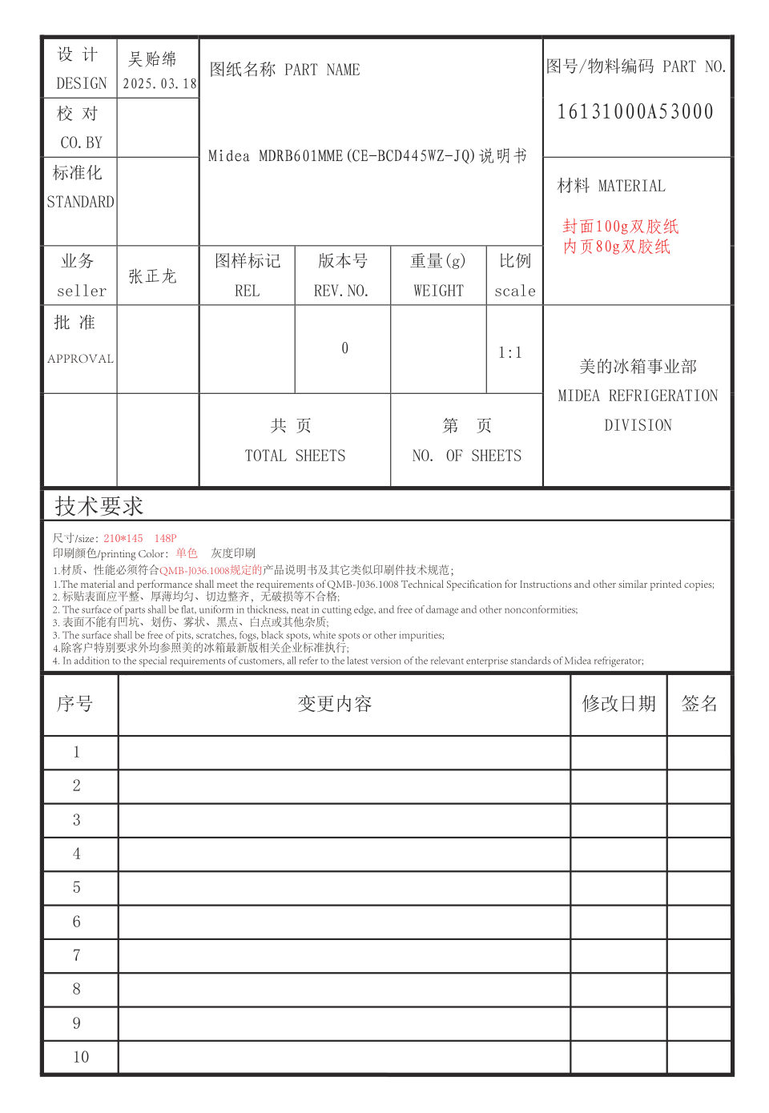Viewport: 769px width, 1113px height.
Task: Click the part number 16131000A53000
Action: [x=635, y=112]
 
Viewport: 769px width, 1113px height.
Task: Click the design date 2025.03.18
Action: [x=159, y=84]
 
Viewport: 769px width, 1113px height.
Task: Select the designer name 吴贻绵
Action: [x=152, y=59]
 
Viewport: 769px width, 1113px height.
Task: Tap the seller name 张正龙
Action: [x=152, y=276]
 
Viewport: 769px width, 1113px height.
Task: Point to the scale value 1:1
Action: [x=510, y=353]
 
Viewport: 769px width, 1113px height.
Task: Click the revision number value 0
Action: [x=344, y=348]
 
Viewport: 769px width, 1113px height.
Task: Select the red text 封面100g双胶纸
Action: [x=621, y=227]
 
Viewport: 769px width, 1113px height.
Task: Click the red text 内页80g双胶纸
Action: [x=617, y=247]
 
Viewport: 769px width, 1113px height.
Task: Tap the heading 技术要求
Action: [x=99, y=506]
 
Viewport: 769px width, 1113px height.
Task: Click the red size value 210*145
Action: [x=123, y=538]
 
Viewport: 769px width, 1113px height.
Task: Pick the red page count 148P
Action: [x=165, y=538]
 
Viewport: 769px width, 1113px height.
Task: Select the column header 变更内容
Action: [x=335, y=704]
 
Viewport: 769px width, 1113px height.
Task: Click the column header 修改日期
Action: [x=618, y=704]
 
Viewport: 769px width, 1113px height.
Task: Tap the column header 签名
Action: [x=699, y=704]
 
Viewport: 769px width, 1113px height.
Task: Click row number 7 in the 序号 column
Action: [x=77, y=955]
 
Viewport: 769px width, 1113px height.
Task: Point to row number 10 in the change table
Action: [x=81, y=1057]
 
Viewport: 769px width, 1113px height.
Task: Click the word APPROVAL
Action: [x=80, y=359]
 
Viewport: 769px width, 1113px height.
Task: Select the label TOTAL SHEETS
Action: [x=295, y=456]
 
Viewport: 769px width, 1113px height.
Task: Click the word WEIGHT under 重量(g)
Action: [x=438, y=291]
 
